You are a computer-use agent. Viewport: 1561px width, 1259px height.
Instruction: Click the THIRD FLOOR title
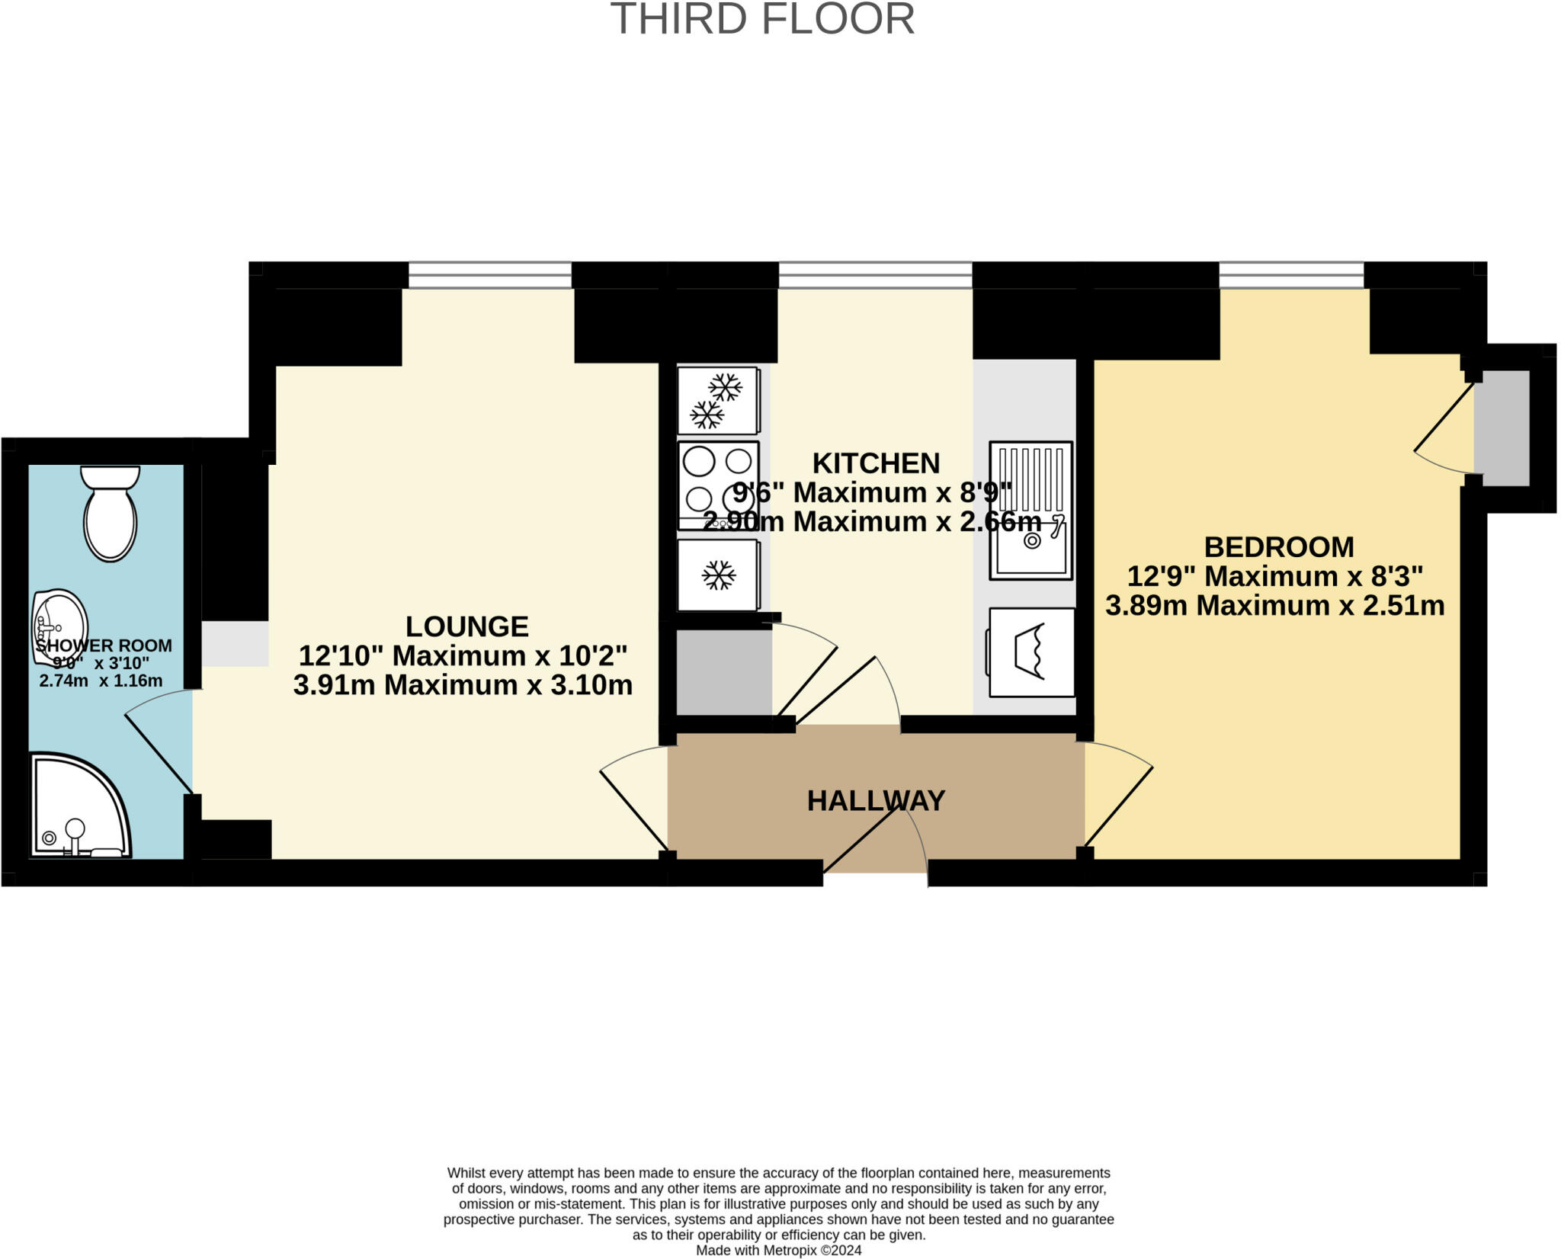click(x=762, y=20)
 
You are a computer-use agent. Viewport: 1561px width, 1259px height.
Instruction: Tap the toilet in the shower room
click(x=111, y=515)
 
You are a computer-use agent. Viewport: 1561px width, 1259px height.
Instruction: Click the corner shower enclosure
click(x=76, y=808)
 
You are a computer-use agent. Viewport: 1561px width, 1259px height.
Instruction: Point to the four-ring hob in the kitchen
click(x=718, y=485)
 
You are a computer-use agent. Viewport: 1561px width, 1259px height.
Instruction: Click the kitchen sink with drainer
click(x=1031, y=510)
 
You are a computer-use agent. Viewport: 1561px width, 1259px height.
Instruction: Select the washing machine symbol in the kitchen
click(x=1031, y=652)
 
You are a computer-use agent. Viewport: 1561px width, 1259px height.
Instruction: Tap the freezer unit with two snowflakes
click(x=717, y=400)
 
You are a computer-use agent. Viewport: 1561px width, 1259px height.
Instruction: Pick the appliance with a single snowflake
click(x=718, y=575)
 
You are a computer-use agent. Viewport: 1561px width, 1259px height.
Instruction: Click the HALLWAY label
click(x=876, y=801)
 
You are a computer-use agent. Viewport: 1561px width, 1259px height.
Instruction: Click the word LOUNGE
click(x=466, y=626)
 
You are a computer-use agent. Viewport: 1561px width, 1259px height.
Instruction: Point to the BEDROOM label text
click(x=1278, y=547)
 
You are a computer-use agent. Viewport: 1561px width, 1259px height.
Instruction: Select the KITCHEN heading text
click(x=876, y=463)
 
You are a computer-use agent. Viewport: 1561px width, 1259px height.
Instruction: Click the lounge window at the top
click(x=489, y=275)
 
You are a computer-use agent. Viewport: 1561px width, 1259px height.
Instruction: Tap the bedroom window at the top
click(x=1290, y=275)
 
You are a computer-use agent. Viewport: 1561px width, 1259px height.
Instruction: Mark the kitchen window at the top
click(x=874, y=275)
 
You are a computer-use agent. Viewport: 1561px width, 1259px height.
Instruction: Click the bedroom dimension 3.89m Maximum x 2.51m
click(x=1274, y=606)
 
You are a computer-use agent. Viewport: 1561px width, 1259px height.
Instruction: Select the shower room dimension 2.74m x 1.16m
click(x=101, y=681)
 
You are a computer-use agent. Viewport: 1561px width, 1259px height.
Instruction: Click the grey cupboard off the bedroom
click(x=1501, y=428)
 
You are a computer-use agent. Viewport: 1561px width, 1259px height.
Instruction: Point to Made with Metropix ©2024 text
click(x=778, y=1251)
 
